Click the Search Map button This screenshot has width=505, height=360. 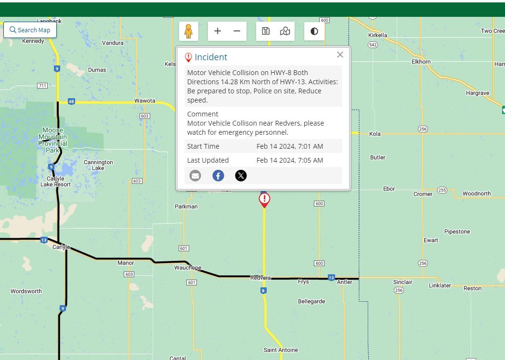click(x=30, y=30)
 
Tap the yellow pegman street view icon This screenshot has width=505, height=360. click(x=189, y=31)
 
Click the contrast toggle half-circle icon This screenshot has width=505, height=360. click(x=314, y=31)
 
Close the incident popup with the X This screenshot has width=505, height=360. click(x=340, y=55)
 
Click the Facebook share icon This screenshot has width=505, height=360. click(x=218, y=176)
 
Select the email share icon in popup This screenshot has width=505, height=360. click(x=195, y=176)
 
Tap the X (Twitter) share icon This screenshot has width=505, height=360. click(x=241, y=176)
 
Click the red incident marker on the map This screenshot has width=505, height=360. click(x=264, y=199)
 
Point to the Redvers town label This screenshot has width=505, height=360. click(x=260, y=278)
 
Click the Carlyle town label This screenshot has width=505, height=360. click(x=61, y=247)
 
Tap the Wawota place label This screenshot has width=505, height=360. click(x=144, y=101)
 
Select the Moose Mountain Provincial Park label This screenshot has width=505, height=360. click(x=52, y=140)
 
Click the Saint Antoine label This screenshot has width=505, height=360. click(x=281, y=350)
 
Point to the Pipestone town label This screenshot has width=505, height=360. click(x=457, y=231)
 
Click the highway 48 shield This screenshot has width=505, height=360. click(x=71, y=102)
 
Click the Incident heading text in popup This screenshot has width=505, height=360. click(x=211, y=57)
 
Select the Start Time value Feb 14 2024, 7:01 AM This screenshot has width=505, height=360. click(x=289, y=146)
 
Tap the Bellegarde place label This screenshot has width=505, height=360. click(x=311, y=301)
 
